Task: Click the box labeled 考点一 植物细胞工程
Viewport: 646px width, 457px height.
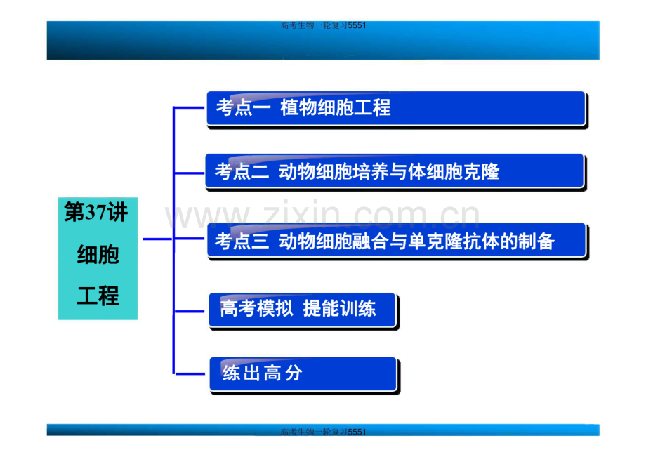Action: tap(396, 109)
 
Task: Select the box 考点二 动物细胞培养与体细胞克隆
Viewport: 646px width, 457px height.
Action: tap(395, 171)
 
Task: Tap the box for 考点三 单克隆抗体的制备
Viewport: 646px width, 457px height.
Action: tap(397, 241)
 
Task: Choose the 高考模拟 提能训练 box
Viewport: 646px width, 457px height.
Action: tap(302, 310)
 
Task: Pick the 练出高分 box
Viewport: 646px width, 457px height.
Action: tap(303, 374)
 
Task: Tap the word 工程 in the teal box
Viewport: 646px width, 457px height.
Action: tap(98, 296)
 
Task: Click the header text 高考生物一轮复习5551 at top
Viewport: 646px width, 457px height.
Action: tap(323, 26)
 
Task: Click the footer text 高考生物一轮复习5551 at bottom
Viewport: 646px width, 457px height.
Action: tap(323, 432)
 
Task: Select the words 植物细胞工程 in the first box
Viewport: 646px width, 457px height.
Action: tap(335, 108)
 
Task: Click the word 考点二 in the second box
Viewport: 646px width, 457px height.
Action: tap(241, 171)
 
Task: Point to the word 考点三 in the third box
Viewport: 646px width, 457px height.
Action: tap(241, 241)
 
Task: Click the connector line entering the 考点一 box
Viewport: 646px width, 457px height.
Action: tap(190, 109)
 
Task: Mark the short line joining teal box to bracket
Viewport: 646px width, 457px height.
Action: tap(157, 239)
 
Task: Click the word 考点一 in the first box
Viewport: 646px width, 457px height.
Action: tap(242, 108)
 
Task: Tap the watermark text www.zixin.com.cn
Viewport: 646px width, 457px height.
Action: tap(322, 216)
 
